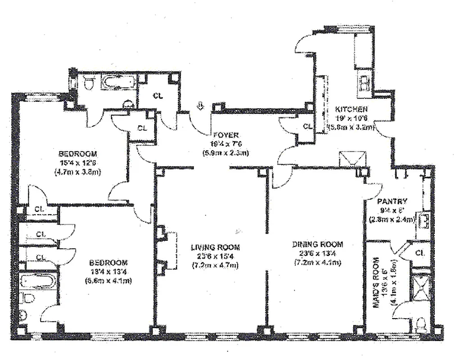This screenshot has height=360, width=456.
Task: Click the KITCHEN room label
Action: [352, 109]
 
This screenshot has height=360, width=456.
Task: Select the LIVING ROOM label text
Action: [215, 247]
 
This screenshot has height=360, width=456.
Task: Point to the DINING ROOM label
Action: [318, 244]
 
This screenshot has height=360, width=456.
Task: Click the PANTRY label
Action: [392, 201]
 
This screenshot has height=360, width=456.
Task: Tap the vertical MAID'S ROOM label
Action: [376, 283]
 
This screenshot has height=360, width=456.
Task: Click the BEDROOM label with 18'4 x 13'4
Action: [108, 262]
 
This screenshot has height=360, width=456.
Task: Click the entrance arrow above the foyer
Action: [201, 106]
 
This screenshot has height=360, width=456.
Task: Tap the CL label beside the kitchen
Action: [307, 126]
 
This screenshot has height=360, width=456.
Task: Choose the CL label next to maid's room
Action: [420, 253]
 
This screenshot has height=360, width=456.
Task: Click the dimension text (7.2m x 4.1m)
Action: [318, 262]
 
